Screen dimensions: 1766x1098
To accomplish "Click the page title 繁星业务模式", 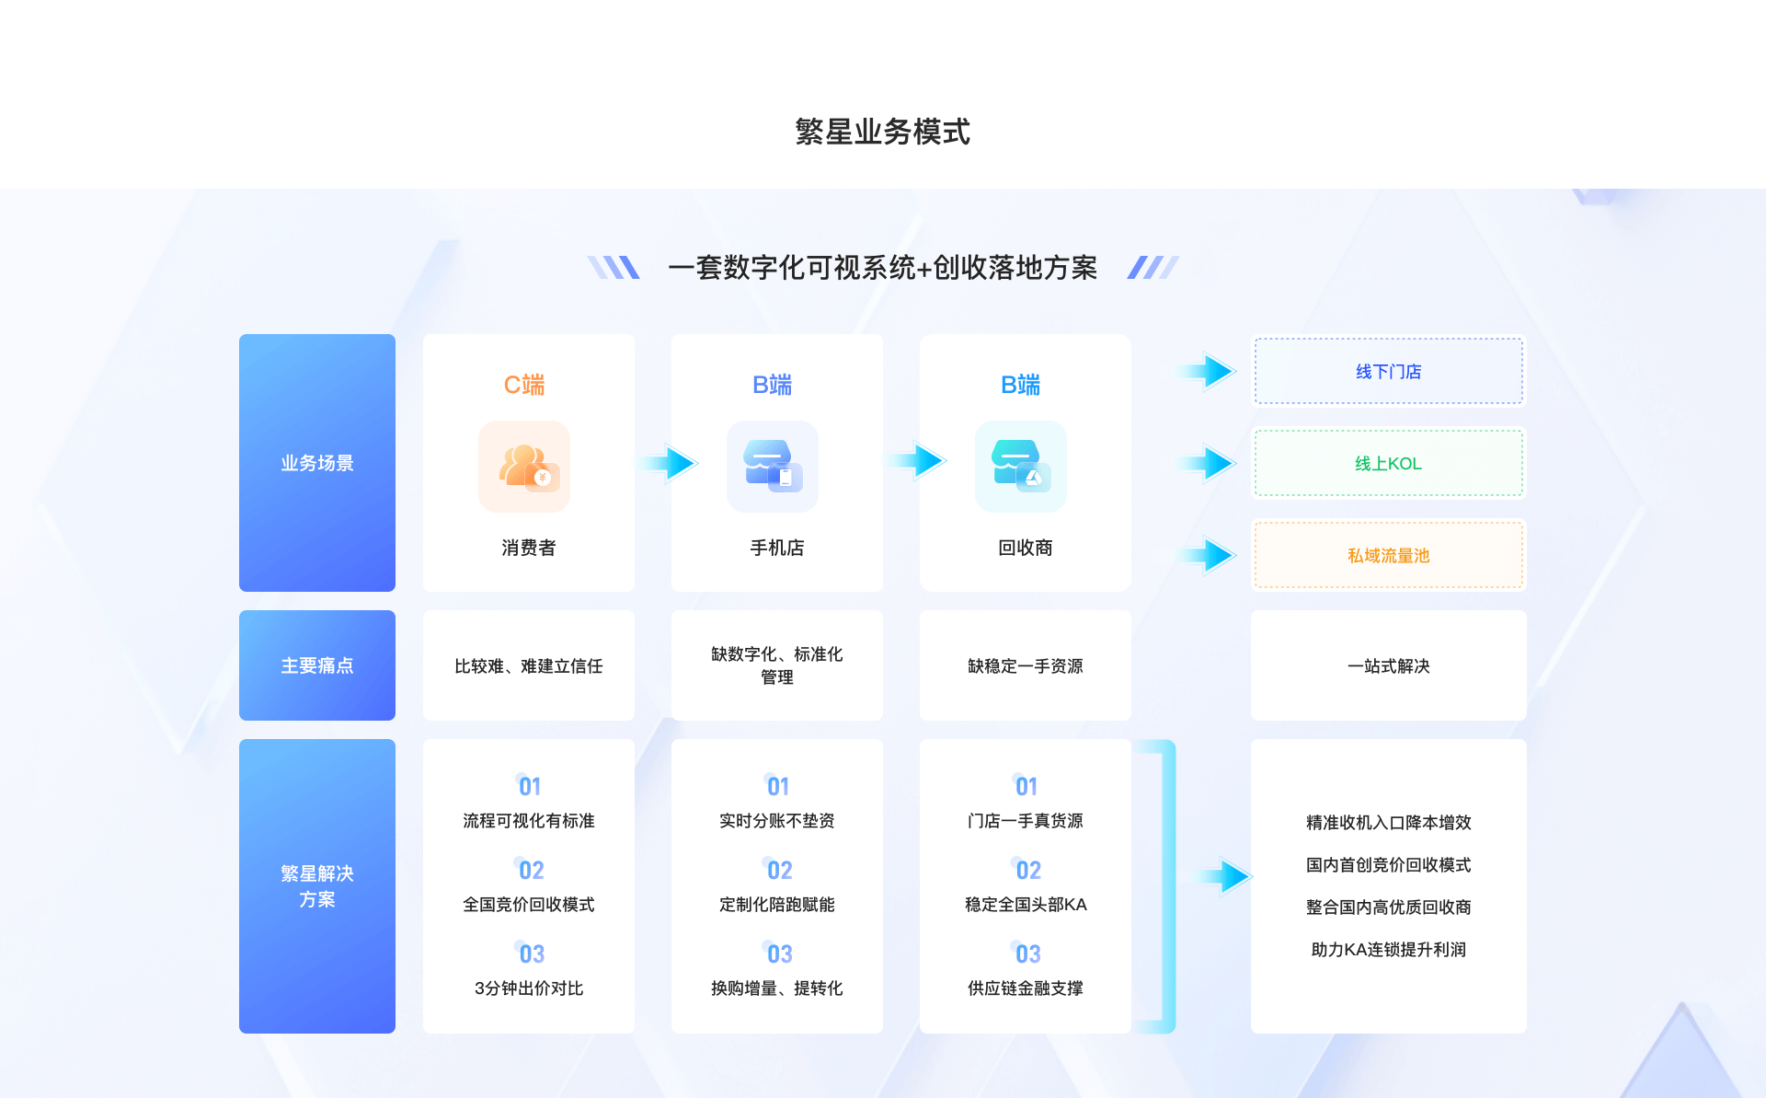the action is coord(882,132).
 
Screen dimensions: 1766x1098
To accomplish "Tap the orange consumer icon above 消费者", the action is coord(524,467).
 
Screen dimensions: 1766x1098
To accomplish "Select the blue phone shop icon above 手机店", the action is coord(773,467).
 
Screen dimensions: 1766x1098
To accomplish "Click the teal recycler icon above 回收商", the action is coord(1021,467).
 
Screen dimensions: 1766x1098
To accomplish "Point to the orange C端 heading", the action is coord(524,385).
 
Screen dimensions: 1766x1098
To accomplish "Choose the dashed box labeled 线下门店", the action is coord(1389,371).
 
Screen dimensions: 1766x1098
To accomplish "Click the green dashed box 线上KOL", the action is coord(1389,463).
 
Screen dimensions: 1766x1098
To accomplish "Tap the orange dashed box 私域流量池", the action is coord(1389,555).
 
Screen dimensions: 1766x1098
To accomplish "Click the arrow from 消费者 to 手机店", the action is coord(669,463).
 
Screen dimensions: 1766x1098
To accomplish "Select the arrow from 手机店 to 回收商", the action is coord(917,460).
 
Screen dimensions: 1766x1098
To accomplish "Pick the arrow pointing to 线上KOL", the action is coord(1207,463).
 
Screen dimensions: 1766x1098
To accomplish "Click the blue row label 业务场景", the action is coord(317,463).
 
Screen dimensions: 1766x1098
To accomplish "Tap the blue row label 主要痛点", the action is coord(317,665).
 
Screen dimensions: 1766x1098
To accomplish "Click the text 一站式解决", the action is coord(1389,666).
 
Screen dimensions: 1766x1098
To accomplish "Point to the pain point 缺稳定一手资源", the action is coord(1026,666).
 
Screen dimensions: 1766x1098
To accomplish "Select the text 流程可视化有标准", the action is coord(529,821).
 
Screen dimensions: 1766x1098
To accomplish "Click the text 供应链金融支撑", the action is coord(1026,988).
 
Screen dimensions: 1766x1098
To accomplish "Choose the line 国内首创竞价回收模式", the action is coord(1389,865).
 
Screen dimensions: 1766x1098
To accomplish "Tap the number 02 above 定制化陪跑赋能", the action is coord(779,870).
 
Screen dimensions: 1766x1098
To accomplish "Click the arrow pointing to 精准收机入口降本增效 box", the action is coord(1223,876).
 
